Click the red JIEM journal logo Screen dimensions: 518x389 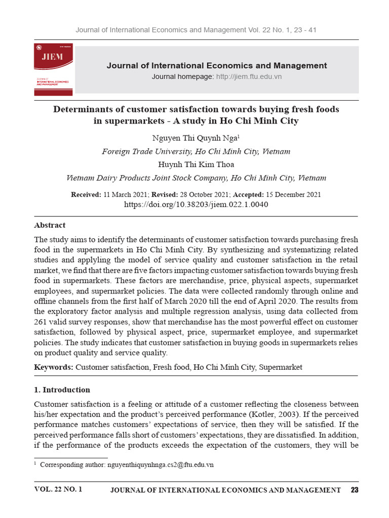(x=53, y=69)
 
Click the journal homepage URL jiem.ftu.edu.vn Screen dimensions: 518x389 (x=249, y=76)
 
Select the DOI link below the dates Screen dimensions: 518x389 (x=196, y=205)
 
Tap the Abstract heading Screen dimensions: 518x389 (x=50, y=225)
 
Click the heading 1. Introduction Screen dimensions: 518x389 (x=62, y=390)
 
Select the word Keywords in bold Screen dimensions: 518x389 (x=54, y=367)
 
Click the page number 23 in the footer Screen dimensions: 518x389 (x=354, y=490)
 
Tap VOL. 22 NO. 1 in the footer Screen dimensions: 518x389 (x=58, y=490)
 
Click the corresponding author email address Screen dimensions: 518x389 (x=161, y=465)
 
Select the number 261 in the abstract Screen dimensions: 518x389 (x=41, y=322)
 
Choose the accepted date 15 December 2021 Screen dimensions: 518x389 (x=293, y=195)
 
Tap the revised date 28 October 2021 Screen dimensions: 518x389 (x=209, y=195)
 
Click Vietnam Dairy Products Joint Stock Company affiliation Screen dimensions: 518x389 (x=196, y=178)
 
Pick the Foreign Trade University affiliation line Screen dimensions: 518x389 (x=196, y=151)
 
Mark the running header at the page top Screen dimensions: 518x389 (x=196, y=30)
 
